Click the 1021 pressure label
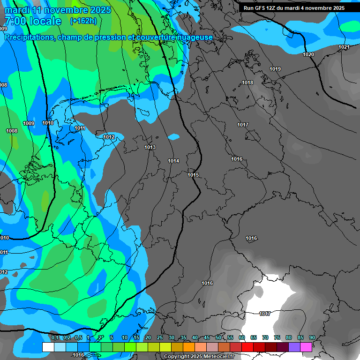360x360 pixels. tap(344, 47)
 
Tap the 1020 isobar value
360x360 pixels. tap(308, 55)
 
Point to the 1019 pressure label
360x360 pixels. tap(275, 69)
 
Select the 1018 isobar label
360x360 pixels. tap(247, 83)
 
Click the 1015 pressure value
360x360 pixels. tap(193, 175)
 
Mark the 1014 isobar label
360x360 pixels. tap(173, 161)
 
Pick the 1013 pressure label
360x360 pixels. tap(150, 148)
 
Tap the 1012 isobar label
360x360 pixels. tap(109, 137)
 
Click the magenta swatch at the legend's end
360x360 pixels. tap(306, 347)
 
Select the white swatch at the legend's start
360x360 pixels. tap(48, 347)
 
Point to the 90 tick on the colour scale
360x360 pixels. tap(312, 338)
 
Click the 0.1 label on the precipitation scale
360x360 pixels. tap(55, 338)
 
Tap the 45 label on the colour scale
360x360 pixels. tap(207, 338)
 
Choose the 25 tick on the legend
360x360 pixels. tap(160, 338)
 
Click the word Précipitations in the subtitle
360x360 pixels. tap(29, 37)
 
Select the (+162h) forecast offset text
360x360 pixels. tap(83, 21)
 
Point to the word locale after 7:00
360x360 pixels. tap(45, 21)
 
